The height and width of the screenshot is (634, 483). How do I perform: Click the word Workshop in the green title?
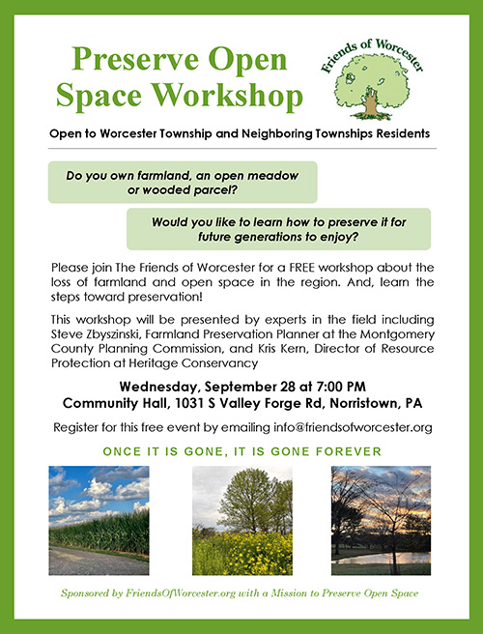(x=227, y=96)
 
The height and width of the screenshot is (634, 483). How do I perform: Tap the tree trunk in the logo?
(x=371, y=103)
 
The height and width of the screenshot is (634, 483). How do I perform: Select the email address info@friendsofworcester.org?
(x=353, y=427)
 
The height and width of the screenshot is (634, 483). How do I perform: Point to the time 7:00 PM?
(x=341, y=387)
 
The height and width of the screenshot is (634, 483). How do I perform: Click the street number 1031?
(x=189, y=404)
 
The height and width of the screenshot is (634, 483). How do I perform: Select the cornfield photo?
(x=99, y=520)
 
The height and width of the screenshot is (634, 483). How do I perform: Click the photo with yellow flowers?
(x=242, y=520)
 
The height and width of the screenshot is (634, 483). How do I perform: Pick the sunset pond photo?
(x=382, y=520)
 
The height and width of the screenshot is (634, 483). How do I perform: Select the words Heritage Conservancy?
(x=193, y=363)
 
